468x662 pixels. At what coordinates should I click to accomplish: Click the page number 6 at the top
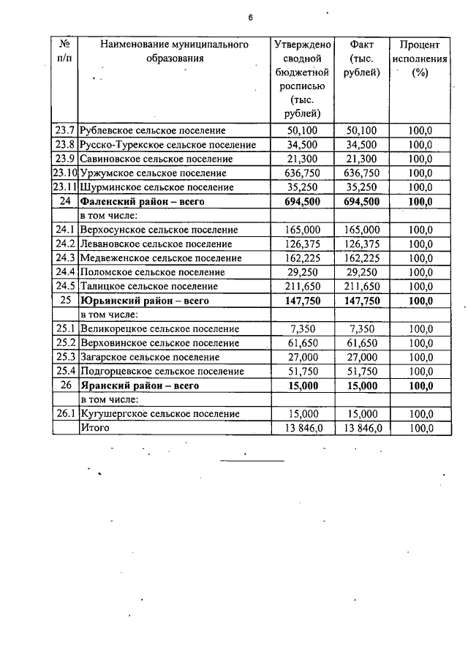pos(250,17)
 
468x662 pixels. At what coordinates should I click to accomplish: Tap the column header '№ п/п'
pos(64,51)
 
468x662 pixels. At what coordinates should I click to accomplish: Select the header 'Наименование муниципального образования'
pos(174,51)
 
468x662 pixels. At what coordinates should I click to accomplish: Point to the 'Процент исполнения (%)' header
pos(420,59)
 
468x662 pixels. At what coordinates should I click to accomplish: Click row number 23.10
pos(64,173)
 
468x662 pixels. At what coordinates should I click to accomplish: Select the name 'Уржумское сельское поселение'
pos(153,173)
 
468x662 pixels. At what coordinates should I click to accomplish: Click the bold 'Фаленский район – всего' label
pos(141,201)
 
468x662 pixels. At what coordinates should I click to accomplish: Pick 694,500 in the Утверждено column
pos(301,201)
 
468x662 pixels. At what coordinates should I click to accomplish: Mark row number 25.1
pos(64,328)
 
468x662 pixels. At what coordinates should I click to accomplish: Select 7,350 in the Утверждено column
pos(301,328)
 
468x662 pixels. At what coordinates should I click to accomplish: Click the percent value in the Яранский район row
pos(420,385)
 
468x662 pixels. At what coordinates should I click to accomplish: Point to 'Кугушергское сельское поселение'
pos(159,413)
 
